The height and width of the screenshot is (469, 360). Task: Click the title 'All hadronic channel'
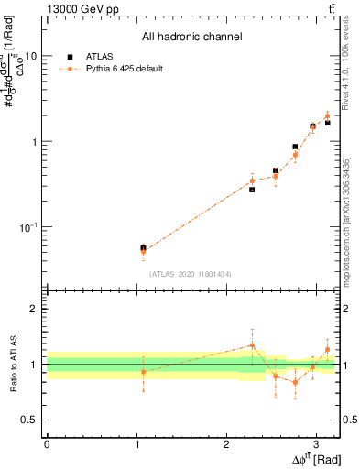click(x=191, y=38)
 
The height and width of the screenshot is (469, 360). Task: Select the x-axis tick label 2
click(x=226, y=442)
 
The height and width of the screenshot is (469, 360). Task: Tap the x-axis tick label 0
click(x=47, y=442)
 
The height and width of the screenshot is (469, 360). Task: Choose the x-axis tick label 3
click(x=316, y=442)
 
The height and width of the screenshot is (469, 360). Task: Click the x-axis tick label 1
click(x=136, y=442)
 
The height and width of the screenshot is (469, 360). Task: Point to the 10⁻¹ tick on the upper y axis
click(x=28, y=226)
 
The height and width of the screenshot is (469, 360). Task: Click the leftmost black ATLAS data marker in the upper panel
click(x=143, y=247)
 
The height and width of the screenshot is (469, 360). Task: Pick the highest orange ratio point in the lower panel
click(x=252, y=345)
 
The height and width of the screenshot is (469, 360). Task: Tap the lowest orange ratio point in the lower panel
click(x=295, y=382)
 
